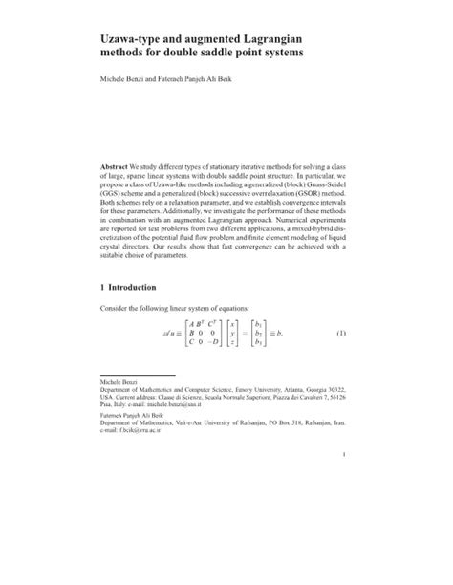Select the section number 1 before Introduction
[x=103, y=287]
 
